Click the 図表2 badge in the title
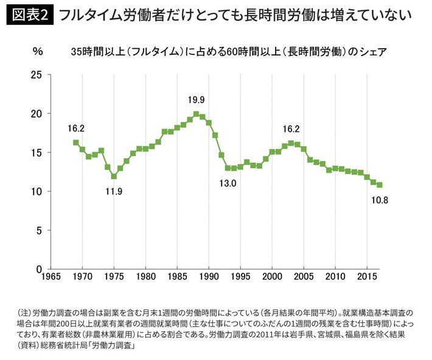click(30, 15)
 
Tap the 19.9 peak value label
click(196, 99)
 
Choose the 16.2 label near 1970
click(76, 129)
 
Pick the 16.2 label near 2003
click(291, 129)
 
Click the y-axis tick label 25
click(37, 75)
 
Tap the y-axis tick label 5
click(40, 230)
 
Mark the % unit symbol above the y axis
click(38, 52)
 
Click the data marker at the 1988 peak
click(196, 114)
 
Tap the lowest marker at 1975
click(114, 177)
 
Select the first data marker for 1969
click(75, 143)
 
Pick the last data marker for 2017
click(380, 185)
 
